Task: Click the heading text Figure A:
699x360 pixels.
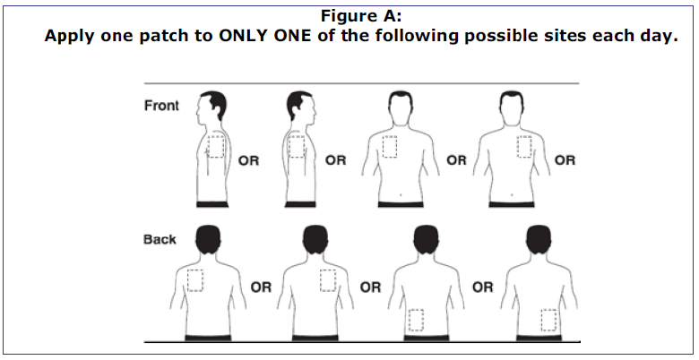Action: pos(361,16)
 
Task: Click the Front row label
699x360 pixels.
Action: pos(161,106)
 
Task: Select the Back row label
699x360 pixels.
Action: pos(160,239)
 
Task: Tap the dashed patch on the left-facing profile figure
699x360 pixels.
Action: pos(216,147)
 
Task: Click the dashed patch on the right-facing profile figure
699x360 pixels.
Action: pos(297,147)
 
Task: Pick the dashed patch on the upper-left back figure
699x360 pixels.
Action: pos(194,280)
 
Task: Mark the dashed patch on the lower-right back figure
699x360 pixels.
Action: pos(548,320)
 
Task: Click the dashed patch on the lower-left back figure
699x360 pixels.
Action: pos(416,320)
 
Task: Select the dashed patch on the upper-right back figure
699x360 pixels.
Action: pos(328,280)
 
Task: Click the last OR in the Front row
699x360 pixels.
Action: pos(565,160)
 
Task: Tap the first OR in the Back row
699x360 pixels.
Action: pos(261,287)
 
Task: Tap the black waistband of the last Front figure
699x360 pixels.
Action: pos(512,204)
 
